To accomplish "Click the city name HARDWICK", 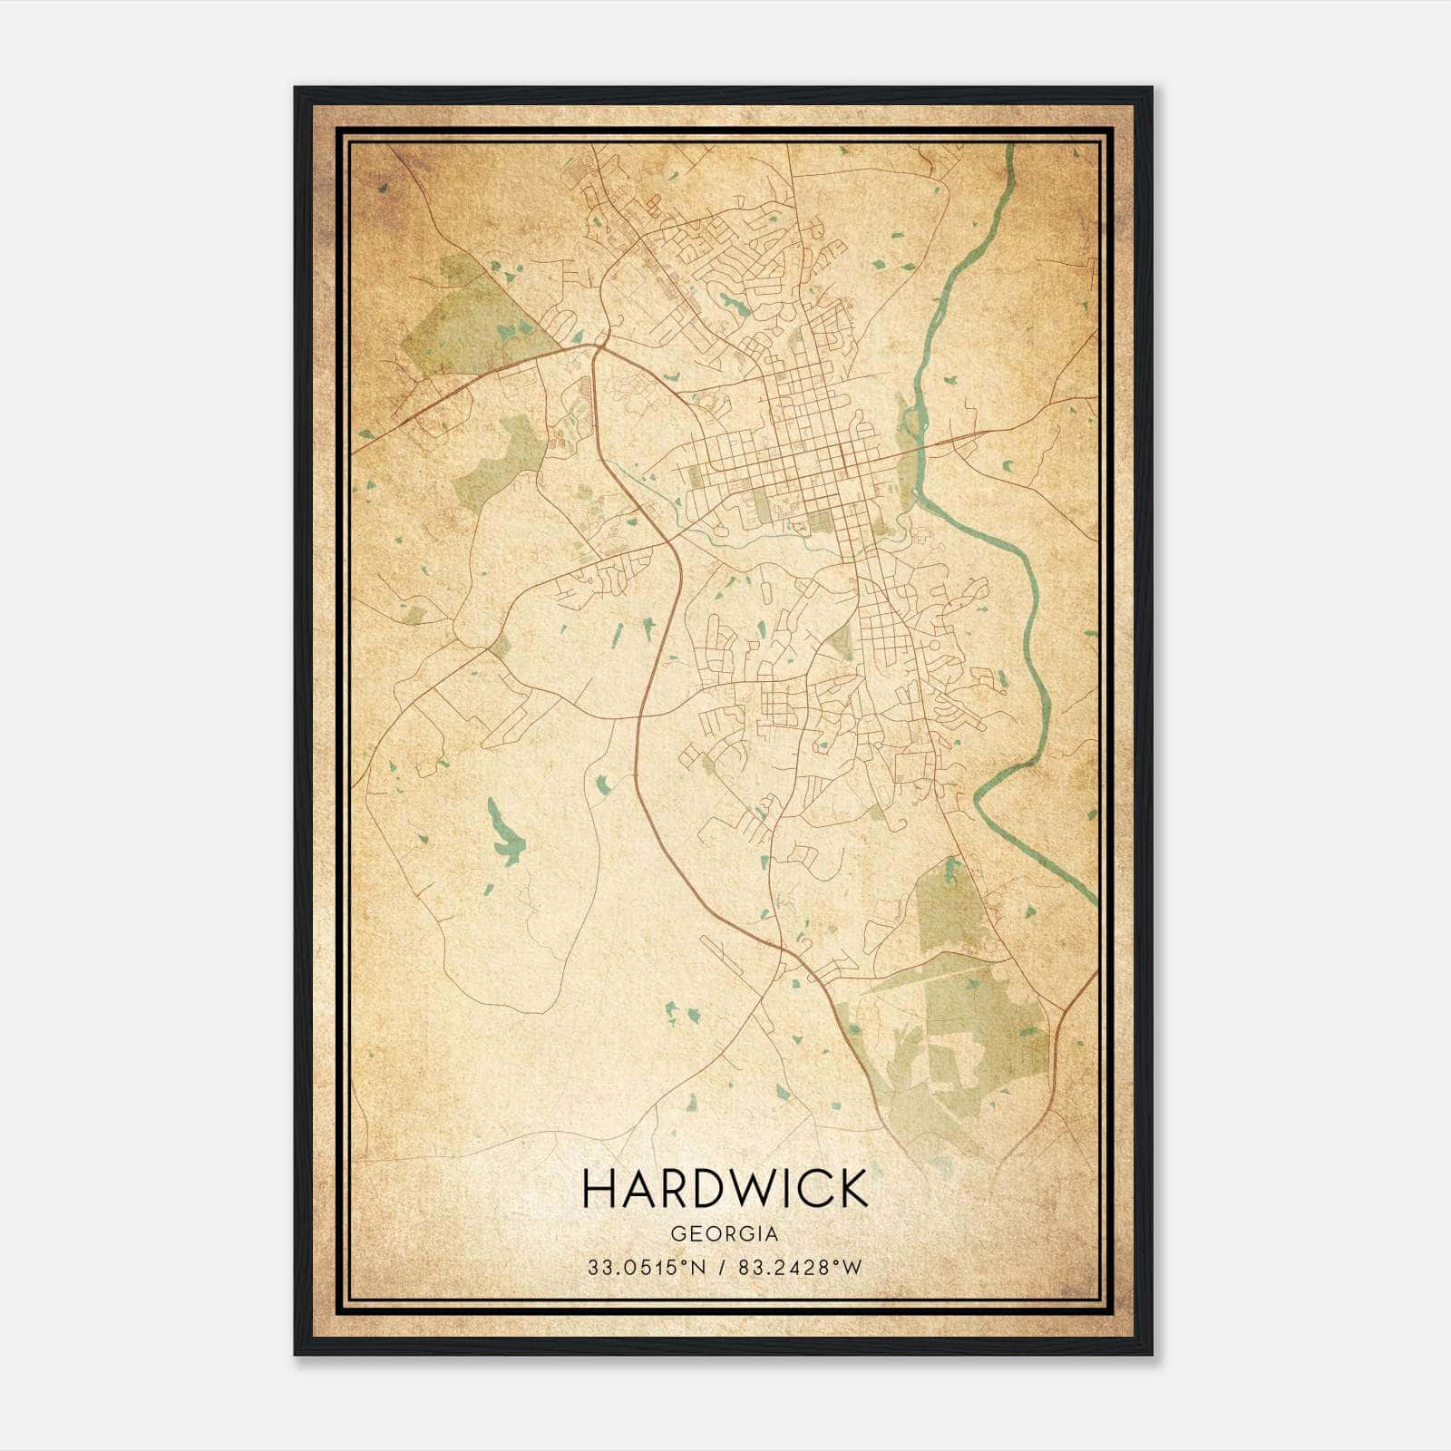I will pyautogui.click(x=725, y=1189).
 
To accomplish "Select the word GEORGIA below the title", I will pyautogui.click(x=725, y=1234).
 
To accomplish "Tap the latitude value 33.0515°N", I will pyautogui.click(x=646, y=1268).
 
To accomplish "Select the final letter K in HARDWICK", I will pyautogui.click(x=852, y=1189).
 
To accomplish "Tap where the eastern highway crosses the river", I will pyautogui.click(x=918, y=444).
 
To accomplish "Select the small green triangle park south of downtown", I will pyautogui.click(x=842, y=641).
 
